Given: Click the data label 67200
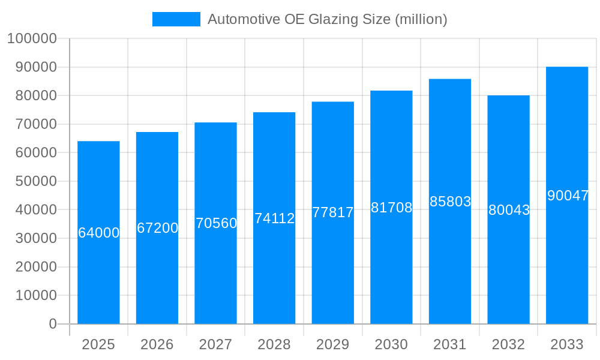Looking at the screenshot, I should pos(157,228).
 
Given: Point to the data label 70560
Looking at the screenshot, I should pos(216,223).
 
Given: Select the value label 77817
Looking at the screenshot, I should pos(333,212).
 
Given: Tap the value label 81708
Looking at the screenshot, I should pos(391,208).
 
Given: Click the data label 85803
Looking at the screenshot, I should pos(450,202).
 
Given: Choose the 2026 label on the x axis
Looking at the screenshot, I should pos(157,344).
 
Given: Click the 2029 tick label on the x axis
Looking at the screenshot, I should pos(333,344).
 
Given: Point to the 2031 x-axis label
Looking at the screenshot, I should pos(450,344).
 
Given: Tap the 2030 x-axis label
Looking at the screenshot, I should pos(391,344).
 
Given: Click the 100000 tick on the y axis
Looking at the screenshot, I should pos(32,38).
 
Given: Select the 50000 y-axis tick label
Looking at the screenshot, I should pos(35,181).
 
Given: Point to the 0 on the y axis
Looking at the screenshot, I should pos(53,324).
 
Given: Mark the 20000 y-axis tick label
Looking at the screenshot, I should pos(35,267).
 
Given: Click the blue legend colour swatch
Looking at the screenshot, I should pos(176,19).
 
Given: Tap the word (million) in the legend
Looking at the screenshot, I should pos(421,19).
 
